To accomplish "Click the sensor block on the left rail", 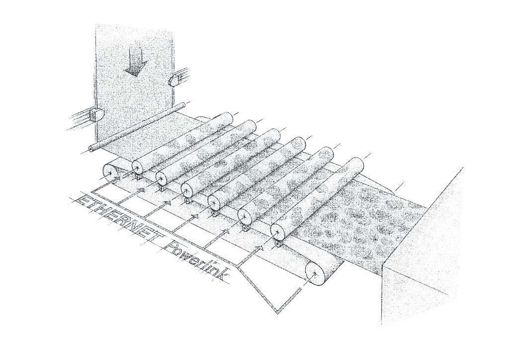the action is (x=96, y=114).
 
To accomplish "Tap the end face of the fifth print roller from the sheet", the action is (x=245, y=215).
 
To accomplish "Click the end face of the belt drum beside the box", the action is (x=315, y=273).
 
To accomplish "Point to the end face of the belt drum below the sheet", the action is (x=111, y=173).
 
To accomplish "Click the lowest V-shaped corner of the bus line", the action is (x=277, y=313).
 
